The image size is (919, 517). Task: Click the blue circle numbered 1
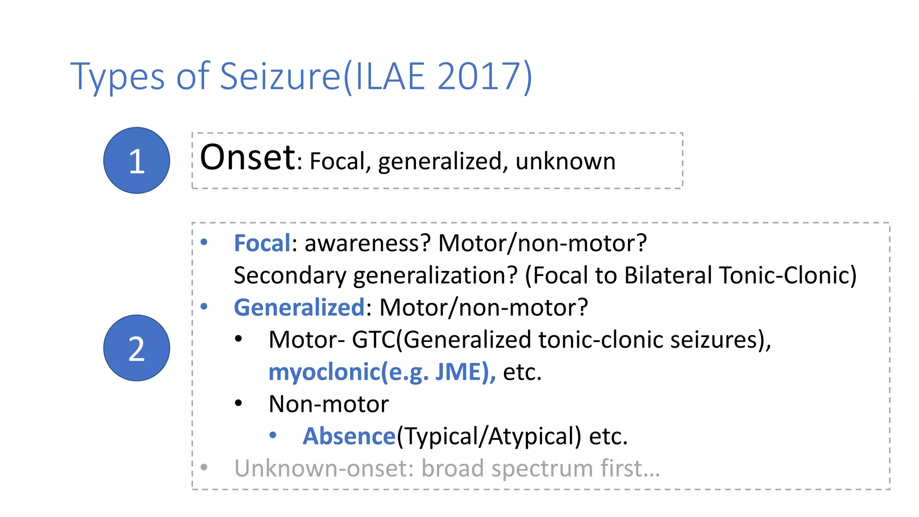[136, 161]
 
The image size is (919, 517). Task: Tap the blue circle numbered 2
[136, 348]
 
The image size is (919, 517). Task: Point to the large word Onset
[248, 158]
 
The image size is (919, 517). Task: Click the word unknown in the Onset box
[565, 162]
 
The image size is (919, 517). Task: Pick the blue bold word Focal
[262, 243]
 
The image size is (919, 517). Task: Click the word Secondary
[290, 276]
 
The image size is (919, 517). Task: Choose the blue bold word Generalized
[299, 308]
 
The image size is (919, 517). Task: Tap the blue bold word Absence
[349, 436]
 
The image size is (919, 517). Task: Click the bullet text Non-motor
[328, 404]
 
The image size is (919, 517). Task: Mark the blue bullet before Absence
[273, 435]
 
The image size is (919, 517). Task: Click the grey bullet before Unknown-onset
[204, 467]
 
